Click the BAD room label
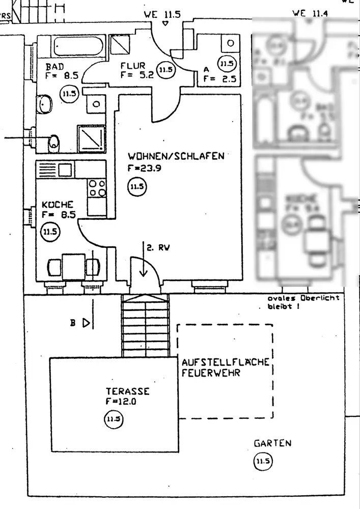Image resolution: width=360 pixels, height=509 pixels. click(x=54, y=67)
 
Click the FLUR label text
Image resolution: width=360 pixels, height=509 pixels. click(x=133, y=66)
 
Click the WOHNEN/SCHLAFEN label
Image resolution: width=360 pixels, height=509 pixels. click(x=176, y=156)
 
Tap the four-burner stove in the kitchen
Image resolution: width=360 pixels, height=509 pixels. click(x=97, y=188)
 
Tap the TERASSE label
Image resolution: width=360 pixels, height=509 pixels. click(x=127, y=391)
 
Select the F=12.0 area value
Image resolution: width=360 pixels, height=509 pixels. click(x=121, y=401)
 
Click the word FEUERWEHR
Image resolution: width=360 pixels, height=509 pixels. click(x=211, y=373)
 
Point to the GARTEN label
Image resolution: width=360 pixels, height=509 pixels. click(x=273, y=443)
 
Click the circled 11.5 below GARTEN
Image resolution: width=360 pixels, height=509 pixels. click(x=264, y=462)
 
